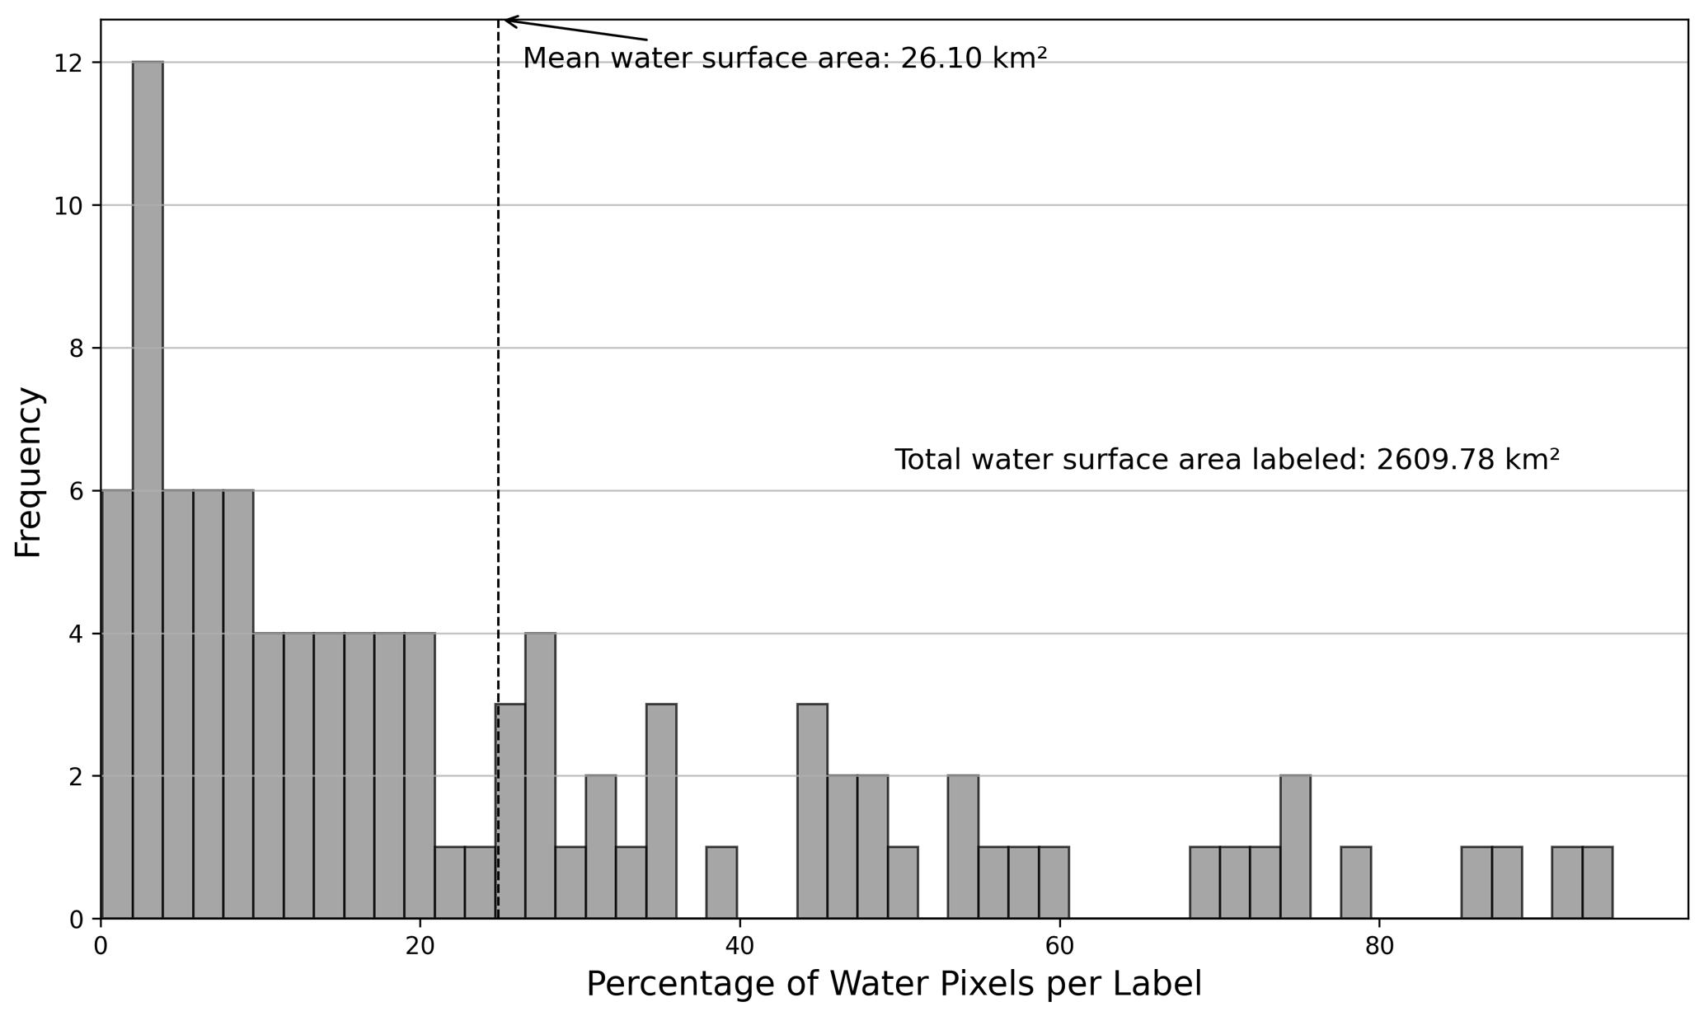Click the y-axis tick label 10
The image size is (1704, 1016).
coord(68,206)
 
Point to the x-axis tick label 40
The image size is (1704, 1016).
coord(739,946)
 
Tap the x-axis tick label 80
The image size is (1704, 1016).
coord(1379,946)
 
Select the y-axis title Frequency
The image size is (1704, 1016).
coord(29,472)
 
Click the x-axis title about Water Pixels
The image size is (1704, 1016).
coord(894,985)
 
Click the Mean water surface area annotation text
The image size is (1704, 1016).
coord(784,59)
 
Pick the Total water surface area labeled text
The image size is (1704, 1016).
coord(1227,460)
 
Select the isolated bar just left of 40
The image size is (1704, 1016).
coord(721,883)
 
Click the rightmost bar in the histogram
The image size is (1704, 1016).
coord(1597,883)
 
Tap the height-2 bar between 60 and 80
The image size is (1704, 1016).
coord(1295,847)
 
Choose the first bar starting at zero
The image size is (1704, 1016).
coord(117,705)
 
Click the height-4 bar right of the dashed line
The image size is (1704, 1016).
coord(540,775)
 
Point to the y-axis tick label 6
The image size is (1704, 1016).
coord(77,491)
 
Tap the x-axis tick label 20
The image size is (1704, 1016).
coord(420,946)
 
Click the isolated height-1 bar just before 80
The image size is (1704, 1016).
coord(1355,883)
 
